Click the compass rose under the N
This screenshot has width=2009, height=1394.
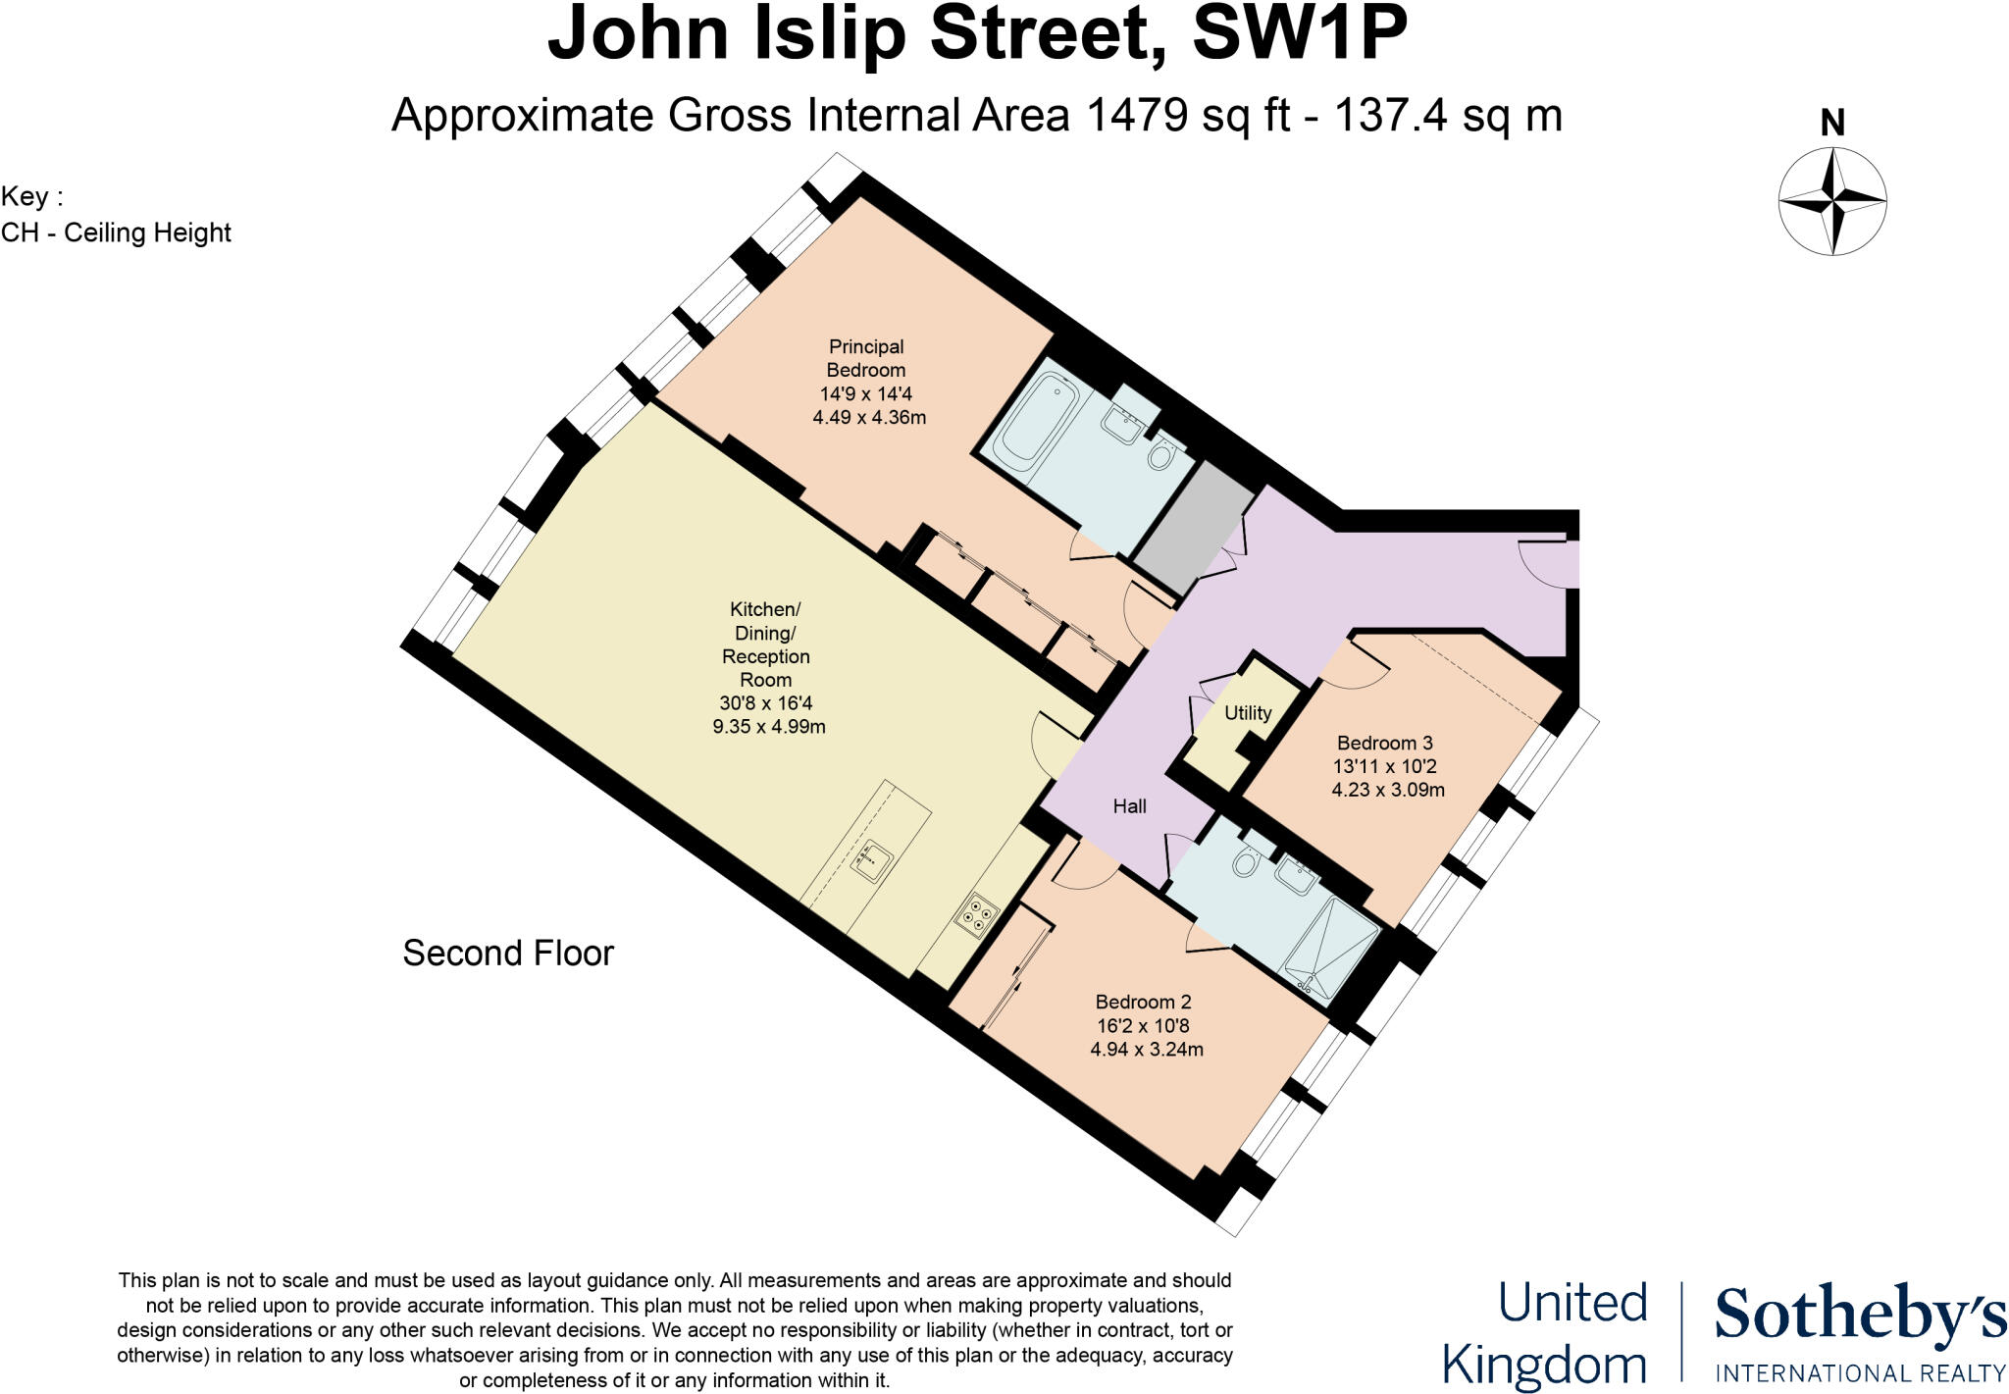point(1831,201)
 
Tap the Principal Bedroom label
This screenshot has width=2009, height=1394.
point(865,358)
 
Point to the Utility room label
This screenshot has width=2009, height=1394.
point(1247,713)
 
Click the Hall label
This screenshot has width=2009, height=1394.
point(1129,806)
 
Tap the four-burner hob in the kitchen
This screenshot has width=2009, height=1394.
point(977,915)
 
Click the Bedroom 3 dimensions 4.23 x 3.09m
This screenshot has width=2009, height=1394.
point(1387,790)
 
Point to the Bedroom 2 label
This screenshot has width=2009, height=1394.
point(1143,1002)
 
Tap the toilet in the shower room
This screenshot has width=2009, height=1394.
point(1247,863)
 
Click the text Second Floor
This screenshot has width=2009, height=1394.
point(508,953)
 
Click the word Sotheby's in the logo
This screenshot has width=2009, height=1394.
point(1859,1316)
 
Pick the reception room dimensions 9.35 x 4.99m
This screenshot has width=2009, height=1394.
point(768,727)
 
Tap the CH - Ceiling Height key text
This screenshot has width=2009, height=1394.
point(116,232)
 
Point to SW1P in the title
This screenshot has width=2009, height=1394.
point(1299,34)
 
